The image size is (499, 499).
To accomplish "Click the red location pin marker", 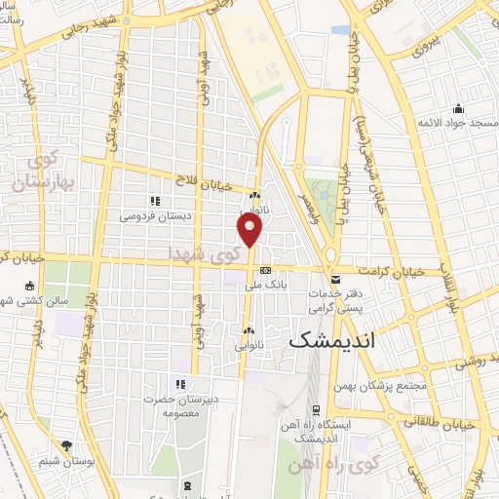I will pyautogui.click(x=250, y=230).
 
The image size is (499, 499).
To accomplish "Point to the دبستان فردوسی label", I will pyautogui.click(x=154, y=214).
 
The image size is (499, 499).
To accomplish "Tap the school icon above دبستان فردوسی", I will pyautogui.click(x=154, y=200).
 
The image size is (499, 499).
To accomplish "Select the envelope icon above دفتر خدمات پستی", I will pyautogui.click(x=335, y=279).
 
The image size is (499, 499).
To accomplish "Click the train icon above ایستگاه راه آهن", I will pyautogui.click(x=316, y=411).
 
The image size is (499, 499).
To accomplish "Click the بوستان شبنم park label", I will pyautogui.click(x=66, y=459).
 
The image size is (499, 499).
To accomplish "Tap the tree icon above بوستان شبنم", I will pyautogui.click(x=66, y=444).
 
